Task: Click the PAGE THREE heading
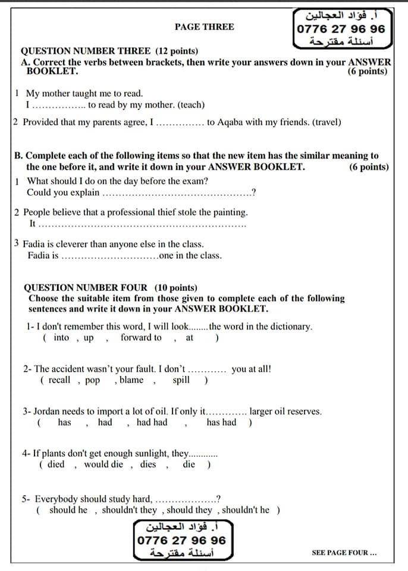pyautogui.click(x=204, y=27)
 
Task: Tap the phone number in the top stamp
pyautogui.click(x=341, y=29)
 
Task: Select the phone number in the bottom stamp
pyautogui.click(x=181, y=540)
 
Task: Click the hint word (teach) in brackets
pyautogui.click(x=192, y=105)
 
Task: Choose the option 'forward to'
pyautogui.click(x=140, y=338)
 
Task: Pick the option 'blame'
pyautogui.click(x=131, y=380)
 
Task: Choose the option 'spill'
pyautogui.click(x=181, y=380)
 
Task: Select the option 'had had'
pyautogui.click(x=152, y=422)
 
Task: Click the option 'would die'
pyautogui.click(x=104, y=464)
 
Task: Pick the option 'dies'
pyautogui.click(x=148, y=464)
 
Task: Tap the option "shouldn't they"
pyautogui.click(x=129, y=510)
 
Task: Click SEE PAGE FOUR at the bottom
pyautogui.click(x=344, y=553)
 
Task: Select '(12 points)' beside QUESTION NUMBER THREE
pyautogui.click(x=177, y=51)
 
